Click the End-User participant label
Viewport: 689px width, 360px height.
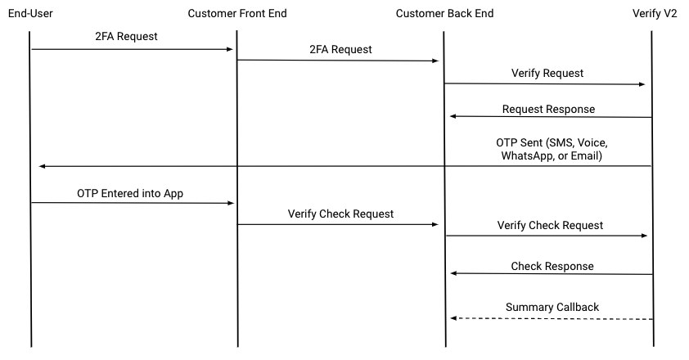point(30,13)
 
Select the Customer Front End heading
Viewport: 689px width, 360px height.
point(237,13)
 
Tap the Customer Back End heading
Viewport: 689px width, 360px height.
point(444,13)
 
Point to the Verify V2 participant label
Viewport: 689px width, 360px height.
point(652,13)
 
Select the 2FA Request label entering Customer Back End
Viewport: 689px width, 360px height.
point(340,49)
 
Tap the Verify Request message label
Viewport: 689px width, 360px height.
point(547,73)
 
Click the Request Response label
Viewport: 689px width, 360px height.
point(548,109)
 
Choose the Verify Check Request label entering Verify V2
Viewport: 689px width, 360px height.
point(550,225)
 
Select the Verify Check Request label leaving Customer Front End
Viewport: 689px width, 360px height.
point(340,214)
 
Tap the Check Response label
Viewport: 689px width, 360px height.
point(552,266)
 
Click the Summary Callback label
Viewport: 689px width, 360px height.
point(552,307)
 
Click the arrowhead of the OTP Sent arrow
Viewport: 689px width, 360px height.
point(43,167)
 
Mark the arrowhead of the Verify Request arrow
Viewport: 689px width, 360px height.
point(642,84)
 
